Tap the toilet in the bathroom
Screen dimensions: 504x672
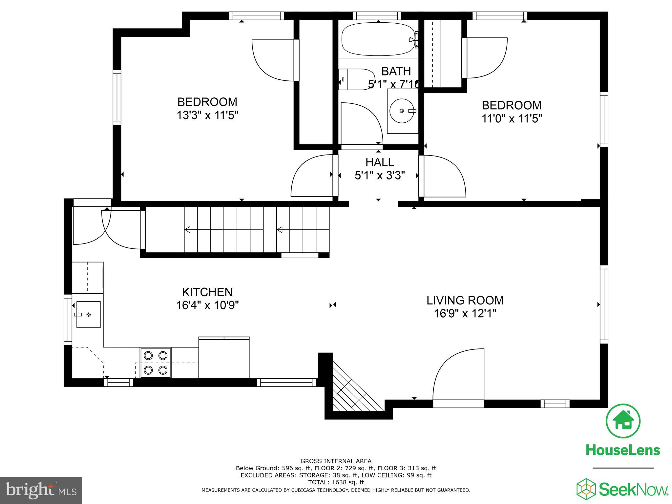coord(354,79)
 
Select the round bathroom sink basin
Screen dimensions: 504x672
coord(402,111)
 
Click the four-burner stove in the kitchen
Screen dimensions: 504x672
coord(156,363)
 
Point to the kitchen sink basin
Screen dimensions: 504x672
coord(88,314)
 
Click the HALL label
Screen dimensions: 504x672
coord(380,162)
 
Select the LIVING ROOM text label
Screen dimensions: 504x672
coord(465,300)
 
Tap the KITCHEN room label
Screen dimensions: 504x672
coord(207,292)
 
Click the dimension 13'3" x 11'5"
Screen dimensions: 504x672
coord(207,115)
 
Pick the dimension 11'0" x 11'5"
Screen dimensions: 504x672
coord(511,118)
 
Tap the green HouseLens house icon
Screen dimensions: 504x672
coord(622,421)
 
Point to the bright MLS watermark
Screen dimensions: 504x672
coord(41,490)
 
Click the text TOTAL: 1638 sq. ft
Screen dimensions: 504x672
coord(336,482)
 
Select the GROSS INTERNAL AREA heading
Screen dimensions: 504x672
coord(336,461)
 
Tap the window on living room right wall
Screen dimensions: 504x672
coord(604,304)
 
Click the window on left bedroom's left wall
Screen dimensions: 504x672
coord(117,97)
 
